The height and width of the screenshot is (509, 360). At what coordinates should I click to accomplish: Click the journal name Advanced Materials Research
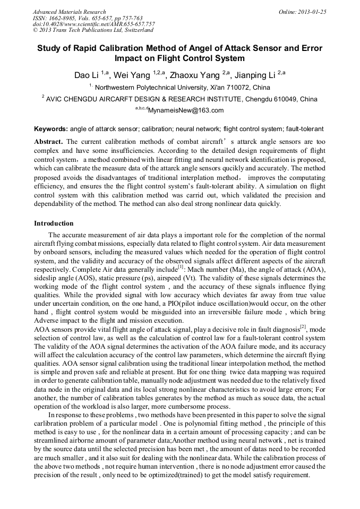[69, 11]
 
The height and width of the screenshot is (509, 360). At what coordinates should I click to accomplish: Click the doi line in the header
[93, 24]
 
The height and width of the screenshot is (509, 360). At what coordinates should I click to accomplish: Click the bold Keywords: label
[51, 129]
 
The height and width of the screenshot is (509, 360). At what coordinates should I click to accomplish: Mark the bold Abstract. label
[49, 142]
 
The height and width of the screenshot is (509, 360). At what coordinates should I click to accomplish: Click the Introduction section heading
[54, 223]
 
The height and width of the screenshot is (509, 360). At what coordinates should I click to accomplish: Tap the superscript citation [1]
[166, 267]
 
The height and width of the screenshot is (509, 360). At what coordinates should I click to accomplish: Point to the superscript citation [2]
[303, 326]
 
